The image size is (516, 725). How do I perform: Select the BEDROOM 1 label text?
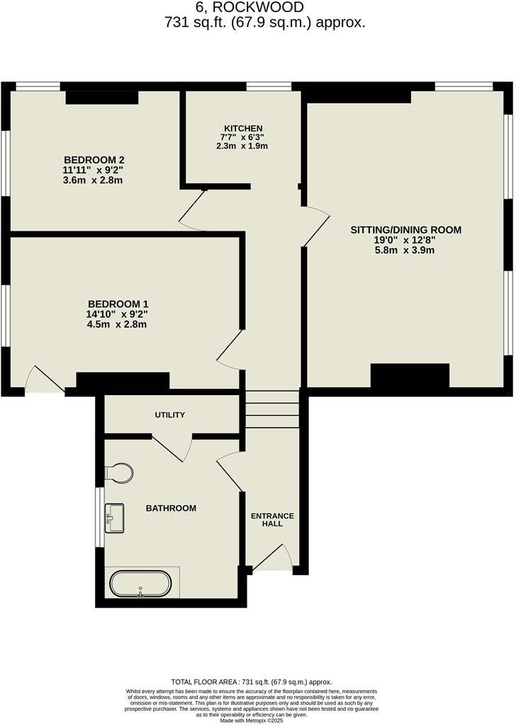[118, 304]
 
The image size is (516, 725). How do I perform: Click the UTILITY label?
[170, 414]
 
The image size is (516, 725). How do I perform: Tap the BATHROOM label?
[171, 508]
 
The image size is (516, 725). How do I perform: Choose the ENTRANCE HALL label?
[272, 519]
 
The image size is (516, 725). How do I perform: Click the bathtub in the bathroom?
[140, 585]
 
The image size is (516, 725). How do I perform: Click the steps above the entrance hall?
[273, 409]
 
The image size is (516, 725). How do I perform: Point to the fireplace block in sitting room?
[410, 375]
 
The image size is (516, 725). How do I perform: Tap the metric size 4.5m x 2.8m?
[118, 324]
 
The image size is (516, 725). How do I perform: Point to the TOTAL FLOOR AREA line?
[257, 682]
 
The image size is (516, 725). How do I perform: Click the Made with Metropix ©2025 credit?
[257, 721]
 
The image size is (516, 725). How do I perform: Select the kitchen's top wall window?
[269, 86]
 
